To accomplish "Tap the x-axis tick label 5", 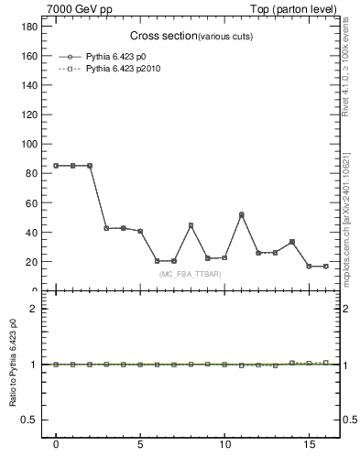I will pos(140,448).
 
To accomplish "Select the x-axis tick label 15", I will pos(309,448).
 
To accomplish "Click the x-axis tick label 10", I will pos(224,448).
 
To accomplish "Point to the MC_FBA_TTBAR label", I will pos(190,274).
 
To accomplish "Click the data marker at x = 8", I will pos(191,225).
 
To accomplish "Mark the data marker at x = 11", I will pos(241,214).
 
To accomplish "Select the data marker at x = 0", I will pos(56,166).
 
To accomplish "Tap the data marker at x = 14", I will pos(291,242).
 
